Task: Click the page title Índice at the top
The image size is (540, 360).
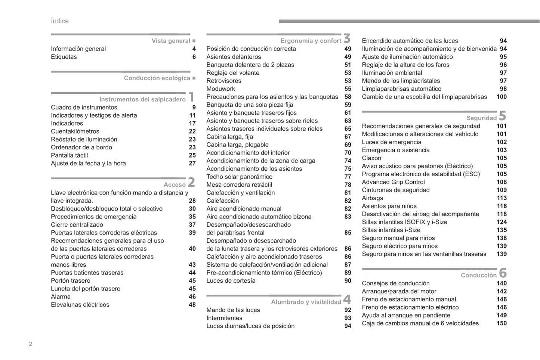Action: (60, 21)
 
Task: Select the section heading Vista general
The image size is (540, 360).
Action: (171, 41)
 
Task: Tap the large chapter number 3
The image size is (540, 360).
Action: (347, 38)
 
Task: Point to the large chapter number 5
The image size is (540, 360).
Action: (503, 116)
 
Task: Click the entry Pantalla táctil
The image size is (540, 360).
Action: (70, 155)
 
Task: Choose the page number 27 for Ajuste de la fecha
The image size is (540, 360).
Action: (192, 163)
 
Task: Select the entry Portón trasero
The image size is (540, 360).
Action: (71, 280)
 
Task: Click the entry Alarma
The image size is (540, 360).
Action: (61, 297)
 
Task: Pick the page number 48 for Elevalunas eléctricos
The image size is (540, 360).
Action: (192, 304)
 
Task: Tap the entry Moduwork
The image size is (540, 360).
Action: (221, 89)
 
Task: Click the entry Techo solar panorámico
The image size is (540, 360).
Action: (239, 177)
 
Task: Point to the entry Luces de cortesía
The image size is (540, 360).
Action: (231, 280)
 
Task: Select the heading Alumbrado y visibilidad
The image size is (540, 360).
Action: (306, 302)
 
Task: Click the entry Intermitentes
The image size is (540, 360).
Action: (224, 318)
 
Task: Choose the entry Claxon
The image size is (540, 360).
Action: (371, 158)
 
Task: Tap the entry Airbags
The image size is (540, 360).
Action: (372, 198)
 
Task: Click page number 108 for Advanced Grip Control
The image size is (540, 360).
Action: (502, 182)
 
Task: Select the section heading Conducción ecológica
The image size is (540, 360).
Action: (157, 78)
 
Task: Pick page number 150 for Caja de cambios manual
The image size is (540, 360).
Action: (502, 323)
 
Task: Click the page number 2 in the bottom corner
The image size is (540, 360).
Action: (31, 344)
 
